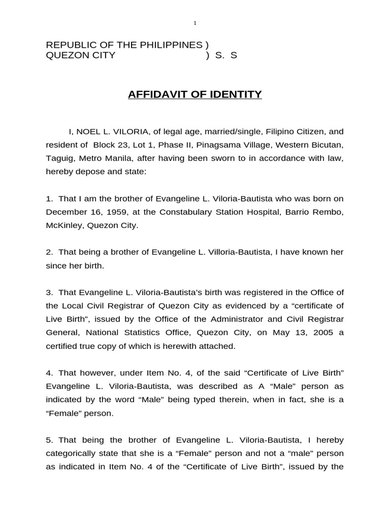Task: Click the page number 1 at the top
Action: point(194,23)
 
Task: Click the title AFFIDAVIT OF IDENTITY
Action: point(194,94)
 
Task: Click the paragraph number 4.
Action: point(49,373)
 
